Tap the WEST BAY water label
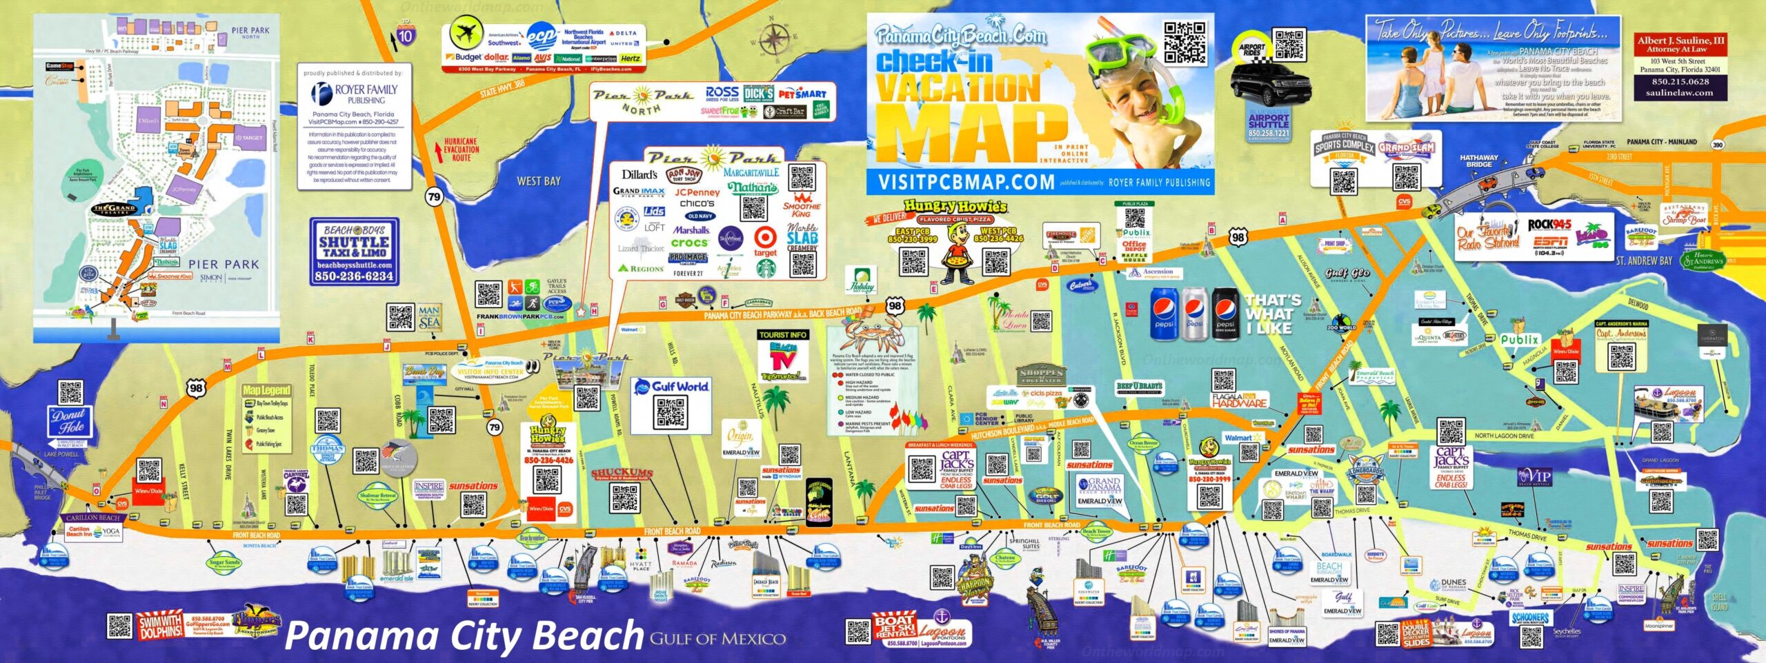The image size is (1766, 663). pyautogui.click(x=539, y=181)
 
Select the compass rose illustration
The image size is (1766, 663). pyautogui.click(x=775, y=37)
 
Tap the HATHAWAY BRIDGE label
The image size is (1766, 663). pyautogui.click(x=1479, y=161)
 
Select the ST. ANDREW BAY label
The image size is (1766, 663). pyautogui.click(x=1644, y=261)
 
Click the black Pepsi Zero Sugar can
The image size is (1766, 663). pyautogui.click(x=1226, y=314)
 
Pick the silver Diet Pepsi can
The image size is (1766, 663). pyautogui.click(x=1195, y=314)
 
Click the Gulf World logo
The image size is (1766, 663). pyautogui.click(x=671, y=387)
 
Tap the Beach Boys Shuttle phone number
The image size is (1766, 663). pyautogui.click(x=354, y=276)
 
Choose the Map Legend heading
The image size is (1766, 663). pyautogui.click(x=266, y=390)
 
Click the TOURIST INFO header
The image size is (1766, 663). pyautogui.click(x=782, y=335)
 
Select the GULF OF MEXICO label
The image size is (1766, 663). pyautogui.click(x=717, y=639)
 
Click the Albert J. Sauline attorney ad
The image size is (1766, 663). pyautogui.click(x=1680, y=68)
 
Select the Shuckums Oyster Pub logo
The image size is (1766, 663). pyautogui.click(x=622, y=474)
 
